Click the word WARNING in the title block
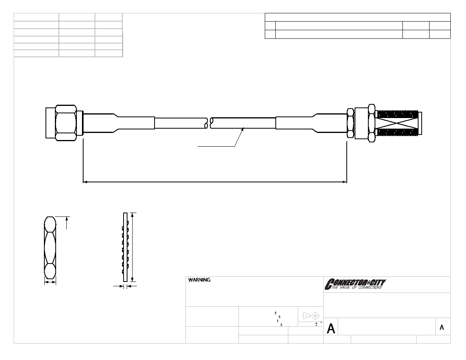coord(199,280)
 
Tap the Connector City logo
coord(355,284)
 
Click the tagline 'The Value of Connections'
coord(357,287)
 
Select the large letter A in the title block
coord(331,329)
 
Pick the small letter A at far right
coord(442,327)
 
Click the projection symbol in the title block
coord(311,315)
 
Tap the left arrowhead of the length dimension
coord(85,182)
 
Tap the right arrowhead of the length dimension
coord(345,182)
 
